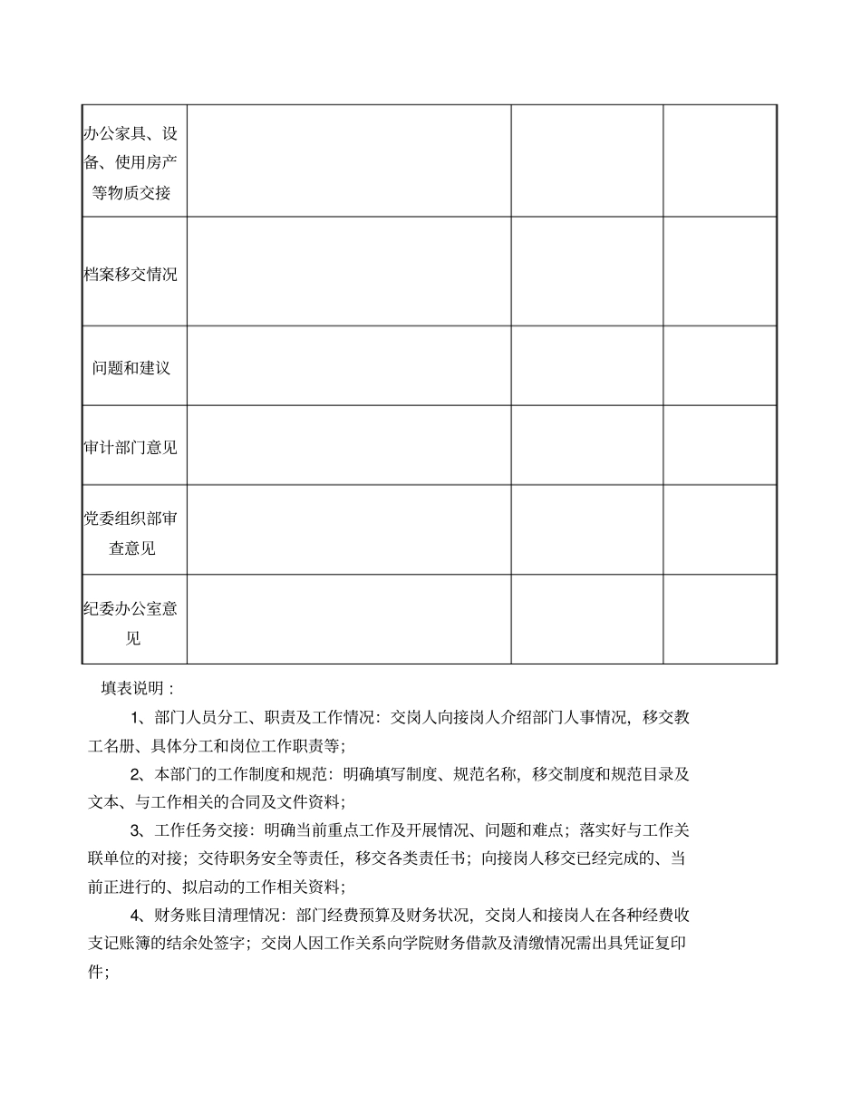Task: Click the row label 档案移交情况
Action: tap(131, 275)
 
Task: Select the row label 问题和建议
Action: tap(131, 368)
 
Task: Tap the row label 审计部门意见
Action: tap(131, 447)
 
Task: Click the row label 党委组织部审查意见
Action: tap(131, 533)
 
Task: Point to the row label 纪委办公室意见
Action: tap(131, 623)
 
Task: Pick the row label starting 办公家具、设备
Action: tap(131, 163)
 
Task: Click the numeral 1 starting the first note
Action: tap(136, 718)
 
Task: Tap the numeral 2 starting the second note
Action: tap(136, 774)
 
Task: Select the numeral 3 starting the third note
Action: tap(136, 829)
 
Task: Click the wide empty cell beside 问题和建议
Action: tap(349, 365)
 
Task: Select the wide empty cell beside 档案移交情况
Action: tap(349, 271)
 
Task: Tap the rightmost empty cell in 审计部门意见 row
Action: tap(720, 445)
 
